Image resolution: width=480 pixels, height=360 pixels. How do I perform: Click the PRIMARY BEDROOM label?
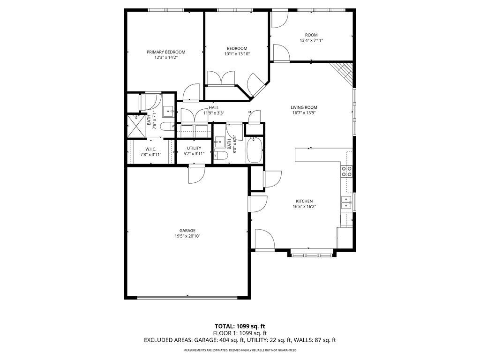(x=165, y=52)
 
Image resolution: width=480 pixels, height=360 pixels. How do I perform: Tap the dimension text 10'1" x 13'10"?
(x=237, y=54)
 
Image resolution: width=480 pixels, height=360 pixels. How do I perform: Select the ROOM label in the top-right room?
(x=311, y=35)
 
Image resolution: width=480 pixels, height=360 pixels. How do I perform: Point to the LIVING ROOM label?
(x=304, y=107)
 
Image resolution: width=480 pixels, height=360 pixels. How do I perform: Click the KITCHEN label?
(x=304, y=201)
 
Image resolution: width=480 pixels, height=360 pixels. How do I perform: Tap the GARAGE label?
(x=187, y=230)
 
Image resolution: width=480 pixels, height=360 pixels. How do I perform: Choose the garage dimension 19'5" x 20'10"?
(x=187, y=236)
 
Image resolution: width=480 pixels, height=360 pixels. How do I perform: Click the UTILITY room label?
(x=194, y=148)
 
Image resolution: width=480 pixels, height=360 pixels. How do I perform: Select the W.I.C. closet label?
(x=150, y=149)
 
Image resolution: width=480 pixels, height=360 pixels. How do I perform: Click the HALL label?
(x=214, y=107)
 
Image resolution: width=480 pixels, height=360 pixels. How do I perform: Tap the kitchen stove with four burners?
(x=346, y=172)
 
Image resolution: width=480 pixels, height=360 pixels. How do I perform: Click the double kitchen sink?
(x=346, y=202)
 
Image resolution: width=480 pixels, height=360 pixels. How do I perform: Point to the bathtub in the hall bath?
(x=255, y=150)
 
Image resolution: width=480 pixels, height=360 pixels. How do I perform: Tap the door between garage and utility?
(x=196, y=173)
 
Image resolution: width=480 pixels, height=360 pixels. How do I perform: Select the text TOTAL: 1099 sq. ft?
(x=240, y=326)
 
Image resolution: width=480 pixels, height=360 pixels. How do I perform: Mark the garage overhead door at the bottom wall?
(x=187, y=297)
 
